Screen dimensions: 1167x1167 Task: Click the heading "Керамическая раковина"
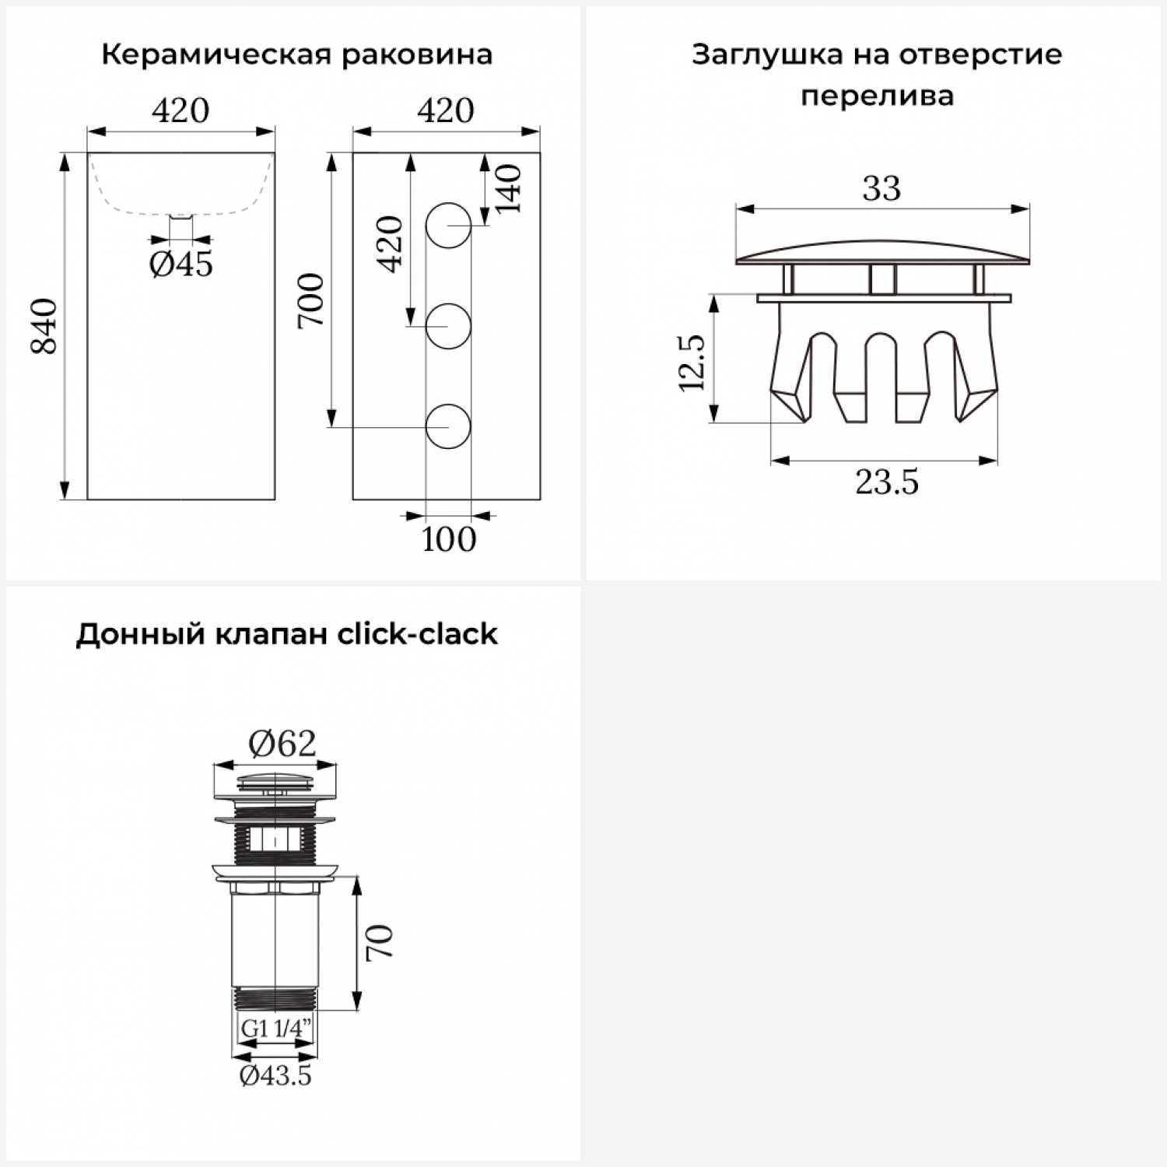296,55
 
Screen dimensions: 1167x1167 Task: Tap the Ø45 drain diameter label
180,265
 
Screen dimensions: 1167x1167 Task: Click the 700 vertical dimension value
311,300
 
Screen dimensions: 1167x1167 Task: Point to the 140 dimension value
508,188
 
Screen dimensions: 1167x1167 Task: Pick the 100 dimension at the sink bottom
449,539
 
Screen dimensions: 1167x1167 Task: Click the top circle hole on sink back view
449,226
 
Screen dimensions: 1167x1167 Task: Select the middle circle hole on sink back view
449,326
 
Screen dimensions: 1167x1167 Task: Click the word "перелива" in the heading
877,96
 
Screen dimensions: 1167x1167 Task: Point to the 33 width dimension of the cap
881,188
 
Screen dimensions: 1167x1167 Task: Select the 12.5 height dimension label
692,362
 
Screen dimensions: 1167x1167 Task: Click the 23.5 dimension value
887,482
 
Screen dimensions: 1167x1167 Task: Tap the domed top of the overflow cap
882,251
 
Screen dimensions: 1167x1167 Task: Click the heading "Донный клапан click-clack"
286,634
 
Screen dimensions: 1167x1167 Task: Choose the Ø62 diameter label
282,744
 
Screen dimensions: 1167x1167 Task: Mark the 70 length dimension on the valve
380,942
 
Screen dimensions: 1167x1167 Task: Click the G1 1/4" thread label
275,1028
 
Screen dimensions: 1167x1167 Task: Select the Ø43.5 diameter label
275,1075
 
